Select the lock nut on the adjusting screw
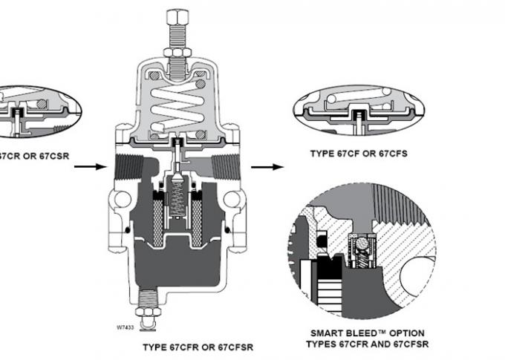coord(177,51)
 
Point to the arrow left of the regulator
coord(89,167)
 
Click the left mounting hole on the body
coord(118,199)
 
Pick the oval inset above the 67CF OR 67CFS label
coord(359,111)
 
